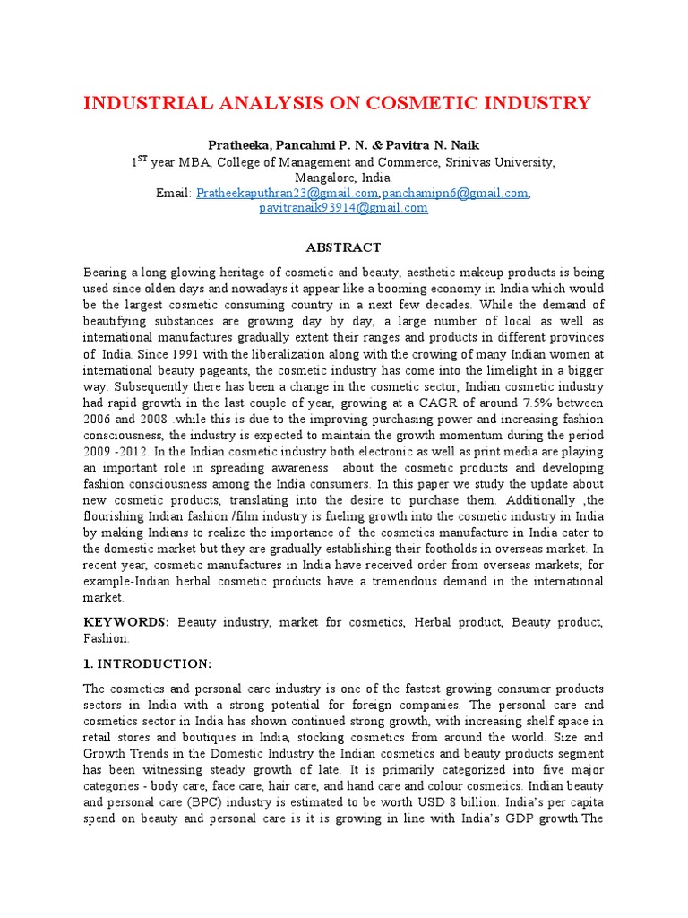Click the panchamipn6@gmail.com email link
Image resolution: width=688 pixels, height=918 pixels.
[455, 193]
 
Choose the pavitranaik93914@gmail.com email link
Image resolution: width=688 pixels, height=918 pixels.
[343, 208]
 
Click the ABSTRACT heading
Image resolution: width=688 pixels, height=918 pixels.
[344, 247]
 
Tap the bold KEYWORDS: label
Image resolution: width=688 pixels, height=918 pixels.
[126, 622]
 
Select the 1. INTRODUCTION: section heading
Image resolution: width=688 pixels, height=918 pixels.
[148, 663]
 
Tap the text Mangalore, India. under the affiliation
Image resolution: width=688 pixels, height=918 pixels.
[344, 178]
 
